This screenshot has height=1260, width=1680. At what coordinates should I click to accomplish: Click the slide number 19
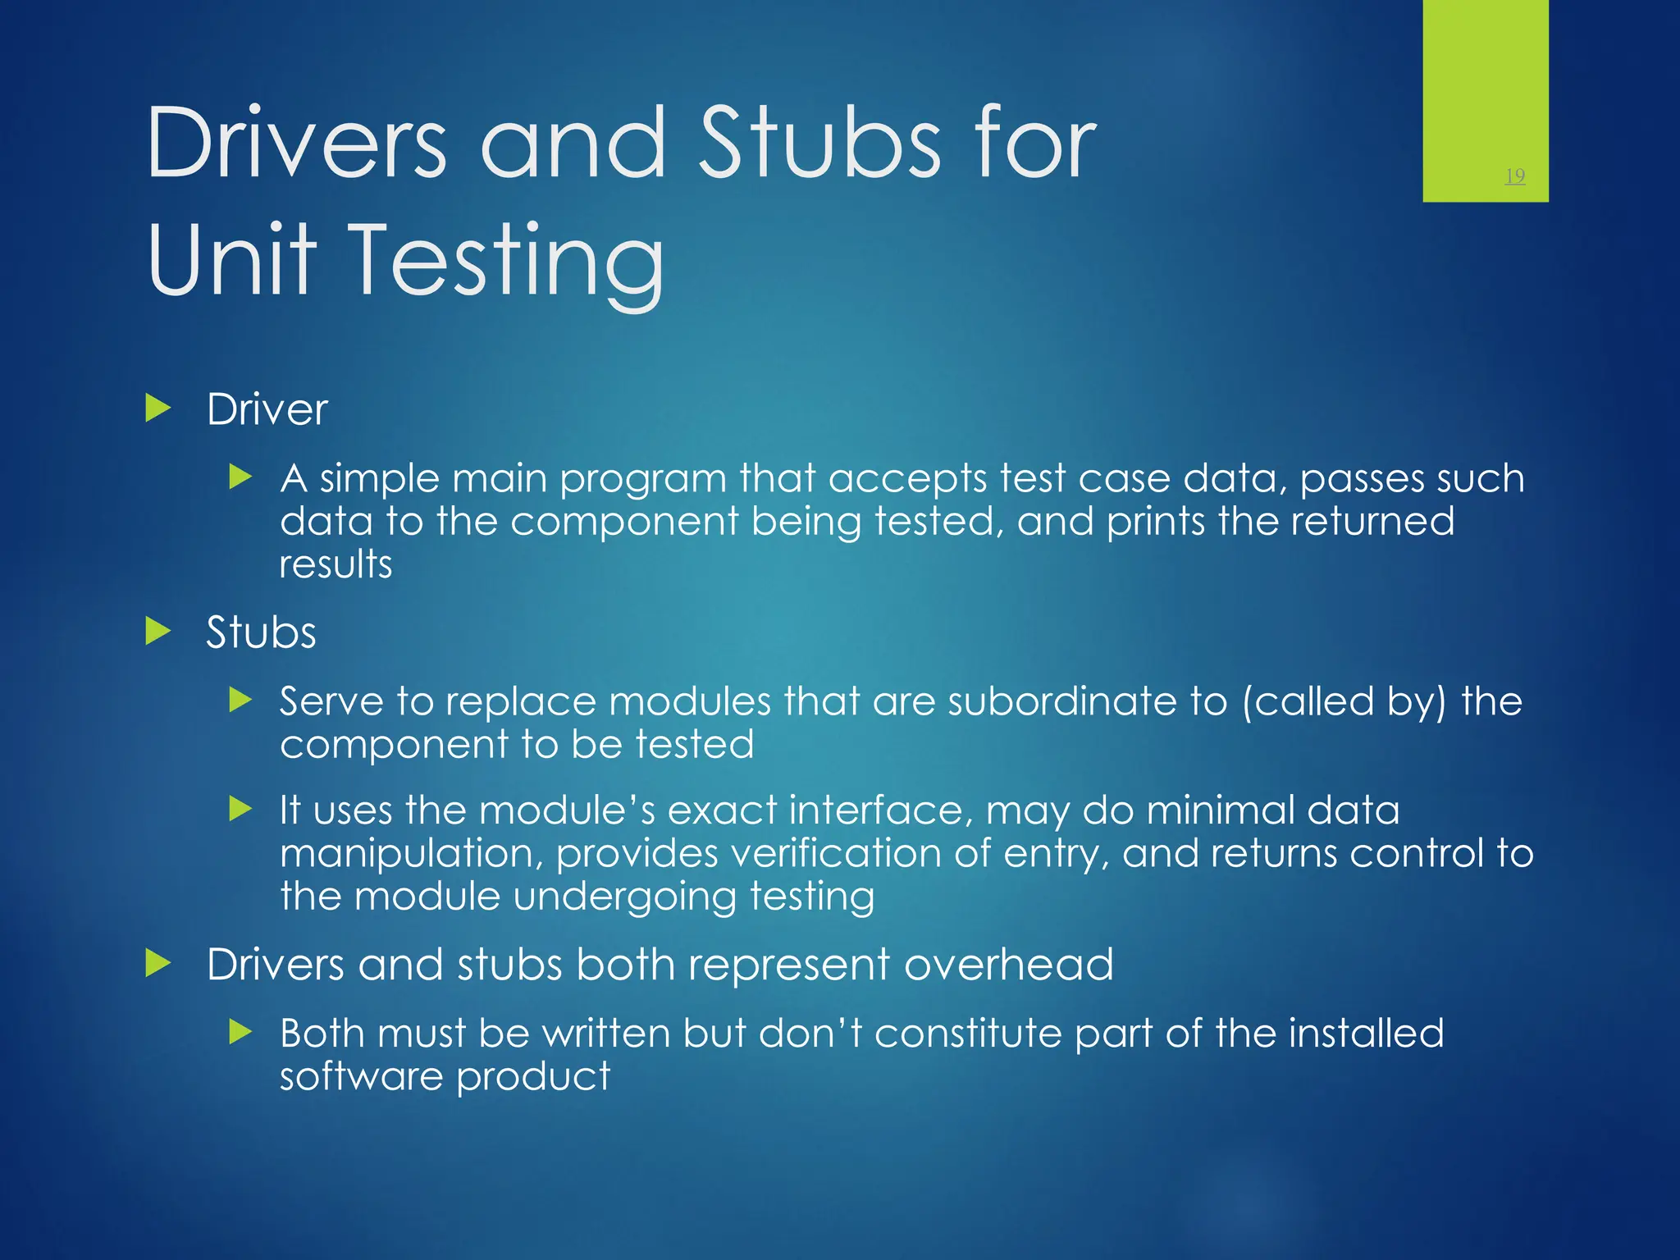(x=1515, y=176)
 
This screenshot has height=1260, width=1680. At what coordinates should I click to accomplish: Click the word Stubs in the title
(x=819, y=144)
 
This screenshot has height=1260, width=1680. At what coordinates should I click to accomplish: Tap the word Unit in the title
(x=231, y=260)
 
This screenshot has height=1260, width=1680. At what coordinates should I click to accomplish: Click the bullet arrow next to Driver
(x=157, y=408)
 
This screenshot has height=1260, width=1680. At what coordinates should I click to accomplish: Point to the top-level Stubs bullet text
(x=261, y=632)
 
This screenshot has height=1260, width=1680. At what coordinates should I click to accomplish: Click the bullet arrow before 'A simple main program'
(x=240, y=477)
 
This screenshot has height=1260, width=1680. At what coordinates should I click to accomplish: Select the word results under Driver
(x=336, y=564)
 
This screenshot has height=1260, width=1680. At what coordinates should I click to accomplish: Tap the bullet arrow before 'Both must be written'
(x=240, y=1032)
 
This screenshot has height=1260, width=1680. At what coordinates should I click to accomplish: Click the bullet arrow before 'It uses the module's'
(x=240, y=809)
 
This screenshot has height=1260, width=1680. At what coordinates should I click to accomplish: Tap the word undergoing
(x=624, y=897)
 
